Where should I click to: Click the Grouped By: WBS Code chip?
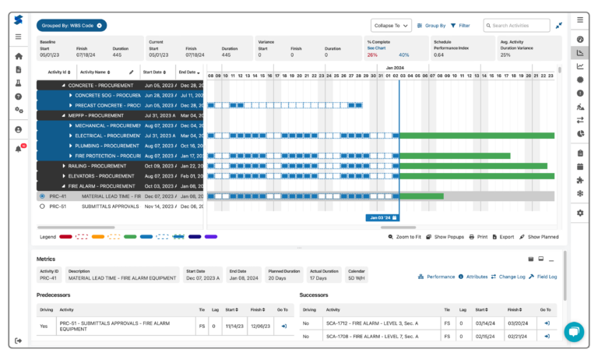coord(71,26)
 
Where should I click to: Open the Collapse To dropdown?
coord(391,26)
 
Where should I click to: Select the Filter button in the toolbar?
coord(460,26)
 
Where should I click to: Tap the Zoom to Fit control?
coord(404,236)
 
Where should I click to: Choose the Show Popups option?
coord(445,236)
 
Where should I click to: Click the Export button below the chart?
coord(502,236)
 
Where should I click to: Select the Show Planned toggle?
coord(539,236)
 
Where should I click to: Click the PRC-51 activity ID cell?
coord(58,206)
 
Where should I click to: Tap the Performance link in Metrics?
coord(437,277)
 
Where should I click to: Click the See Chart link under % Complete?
coord(377,48)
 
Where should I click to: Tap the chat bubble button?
coord(574,332)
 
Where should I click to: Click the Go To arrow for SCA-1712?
coord(547,322)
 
